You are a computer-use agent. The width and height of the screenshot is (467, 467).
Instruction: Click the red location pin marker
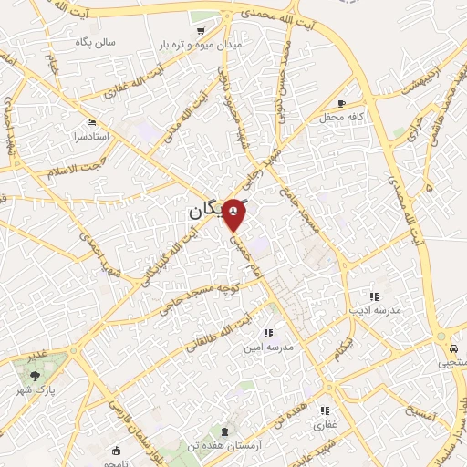(235, 213)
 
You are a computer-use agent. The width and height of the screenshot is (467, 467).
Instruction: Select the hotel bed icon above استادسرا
(89, 122)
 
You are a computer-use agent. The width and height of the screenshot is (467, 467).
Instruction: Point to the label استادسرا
(92, 136)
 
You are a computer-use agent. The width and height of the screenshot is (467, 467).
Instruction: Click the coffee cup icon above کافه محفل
(341, 103)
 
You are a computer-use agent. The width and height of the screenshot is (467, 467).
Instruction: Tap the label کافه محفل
(342, 118)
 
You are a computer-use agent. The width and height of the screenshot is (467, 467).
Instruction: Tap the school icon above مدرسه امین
(267, 333)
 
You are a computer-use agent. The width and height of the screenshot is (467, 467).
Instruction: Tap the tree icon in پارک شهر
(36, 374)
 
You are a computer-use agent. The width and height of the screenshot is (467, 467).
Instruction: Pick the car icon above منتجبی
(452, 348)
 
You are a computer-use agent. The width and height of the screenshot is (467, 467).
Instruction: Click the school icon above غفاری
(326, 410)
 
